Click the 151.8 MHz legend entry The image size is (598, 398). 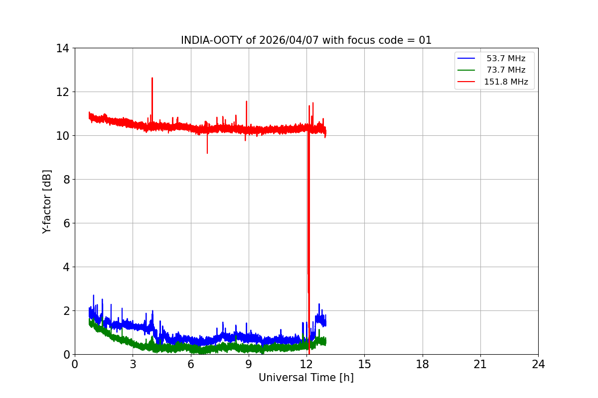tap(506, 82)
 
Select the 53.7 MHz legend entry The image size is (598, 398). tap(506, 59)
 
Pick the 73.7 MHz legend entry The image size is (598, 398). tap(506, 70)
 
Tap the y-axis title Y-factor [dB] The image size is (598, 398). tap(47, 201)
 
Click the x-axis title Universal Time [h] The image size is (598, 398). tap(306, 378)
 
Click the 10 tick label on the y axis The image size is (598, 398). tap(63, 136)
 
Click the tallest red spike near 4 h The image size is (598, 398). tap(152, 79)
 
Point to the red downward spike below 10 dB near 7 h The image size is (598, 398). tap(207, 152)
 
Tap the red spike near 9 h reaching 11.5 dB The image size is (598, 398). tap(246, 102)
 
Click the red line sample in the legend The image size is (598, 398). tap(466, 82)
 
